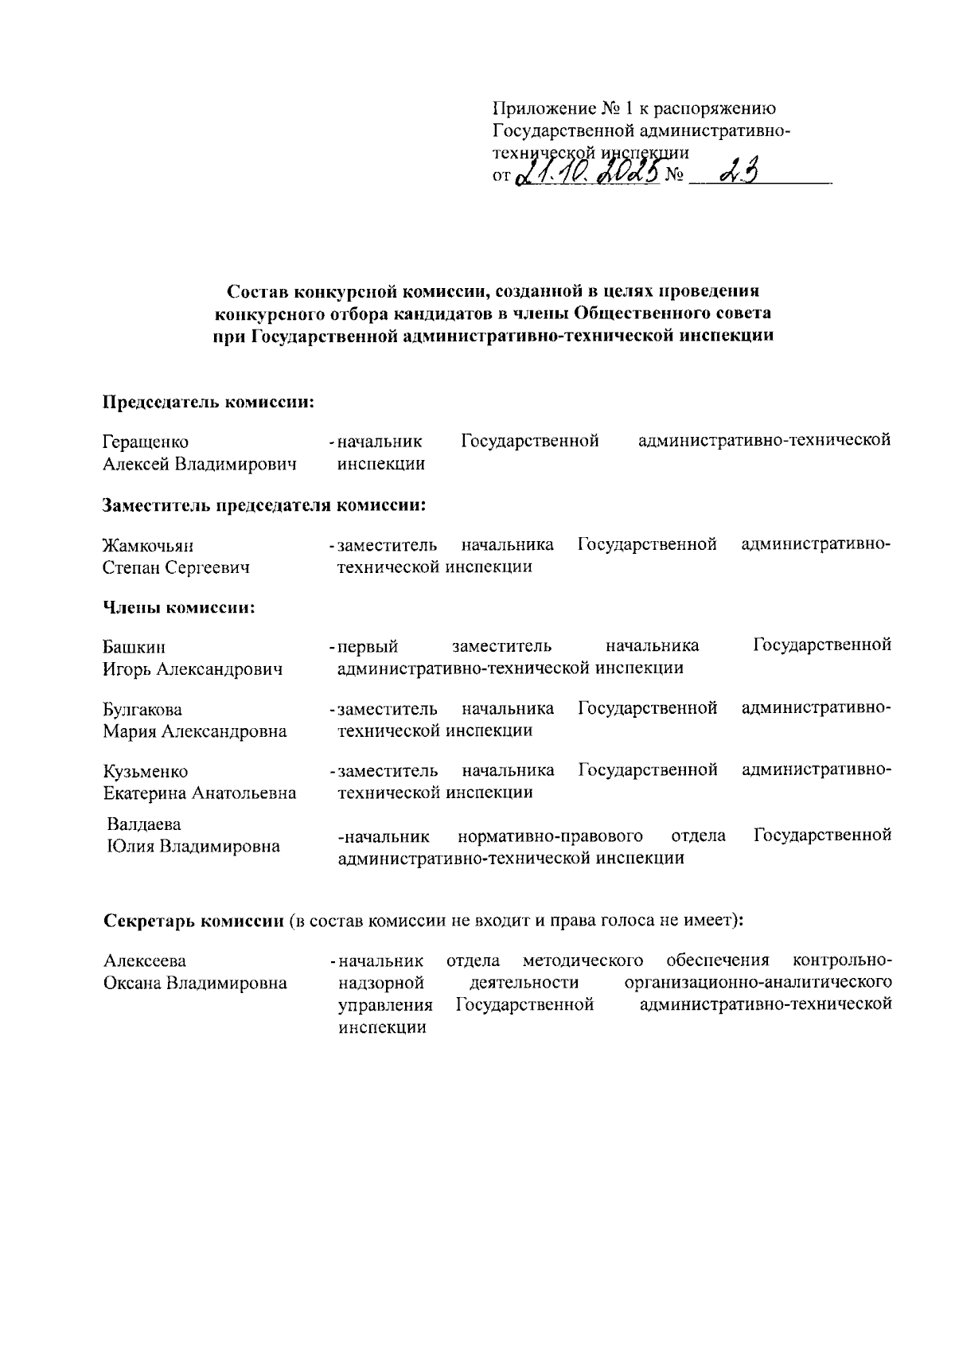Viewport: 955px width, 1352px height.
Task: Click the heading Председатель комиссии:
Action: [x=209, y=402]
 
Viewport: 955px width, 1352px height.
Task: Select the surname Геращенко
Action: [x=146, y=442]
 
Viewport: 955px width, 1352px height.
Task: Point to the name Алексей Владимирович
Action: [x=200, y=464]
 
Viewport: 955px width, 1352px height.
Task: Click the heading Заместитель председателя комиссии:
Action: [x=263, y=505]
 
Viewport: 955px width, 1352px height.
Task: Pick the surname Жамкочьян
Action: [x=149, y=546]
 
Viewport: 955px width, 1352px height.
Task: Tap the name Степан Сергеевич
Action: [x=176, y=567]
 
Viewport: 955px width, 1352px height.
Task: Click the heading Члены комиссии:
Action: [x=179, y=608]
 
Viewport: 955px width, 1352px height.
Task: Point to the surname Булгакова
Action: [x=142, y=710]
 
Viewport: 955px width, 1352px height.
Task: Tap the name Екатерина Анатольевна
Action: [x=200, y=793]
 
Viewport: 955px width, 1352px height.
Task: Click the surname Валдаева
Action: [x=144, y=824]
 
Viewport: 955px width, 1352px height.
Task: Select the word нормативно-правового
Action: [x=551, y=836]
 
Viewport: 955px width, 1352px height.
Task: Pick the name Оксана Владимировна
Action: [x=195, y=983]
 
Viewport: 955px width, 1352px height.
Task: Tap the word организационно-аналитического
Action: [x=758, y=983]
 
